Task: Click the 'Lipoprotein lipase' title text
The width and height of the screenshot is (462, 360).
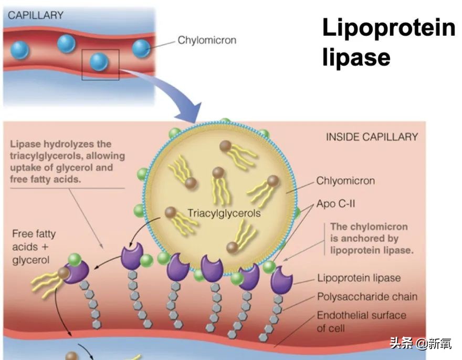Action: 388,42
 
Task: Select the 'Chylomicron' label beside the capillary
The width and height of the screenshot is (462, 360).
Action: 207,40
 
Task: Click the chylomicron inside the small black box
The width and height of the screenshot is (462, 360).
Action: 99,61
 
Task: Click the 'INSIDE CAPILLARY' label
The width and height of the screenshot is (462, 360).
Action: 372,137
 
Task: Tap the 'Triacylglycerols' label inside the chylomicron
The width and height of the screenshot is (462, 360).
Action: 224,214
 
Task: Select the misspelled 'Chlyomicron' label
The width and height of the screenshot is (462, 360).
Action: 345,181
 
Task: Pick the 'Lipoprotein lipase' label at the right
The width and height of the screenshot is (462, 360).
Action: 359,279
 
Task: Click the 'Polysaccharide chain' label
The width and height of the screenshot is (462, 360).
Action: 367,297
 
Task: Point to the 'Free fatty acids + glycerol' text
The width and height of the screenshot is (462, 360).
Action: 34,247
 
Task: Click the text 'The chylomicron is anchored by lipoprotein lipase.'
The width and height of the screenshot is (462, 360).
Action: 372,239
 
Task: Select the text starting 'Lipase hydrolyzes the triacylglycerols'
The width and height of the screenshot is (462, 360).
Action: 67,161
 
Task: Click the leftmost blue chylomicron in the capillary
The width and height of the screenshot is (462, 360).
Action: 20,50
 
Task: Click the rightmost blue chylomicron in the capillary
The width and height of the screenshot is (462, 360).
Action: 141,49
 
